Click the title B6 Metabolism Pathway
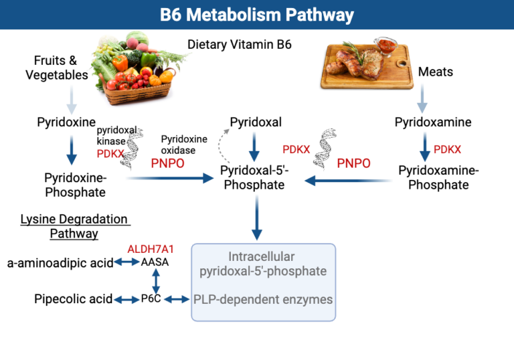pyautogui.click(x=257, y=15)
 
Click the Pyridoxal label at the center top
pyautogui.click(x=256, y=122)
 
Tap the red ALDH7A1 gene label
pyautogui.click(x=154, y=249)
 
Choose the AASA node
pyautogui.click(x=155, y=262)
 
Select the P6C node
pyautogui.click(x=151, y=299)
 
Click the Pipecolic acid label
pyautogui.click(x=73, y=299)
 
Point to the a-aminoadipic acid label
pyautogui.click(x=60, y=262)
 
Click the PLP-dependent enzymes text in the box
pyautogui.click(x=263, y=299)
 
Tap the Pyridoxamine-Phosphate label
pyautogui.click(x=438, y=177)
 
